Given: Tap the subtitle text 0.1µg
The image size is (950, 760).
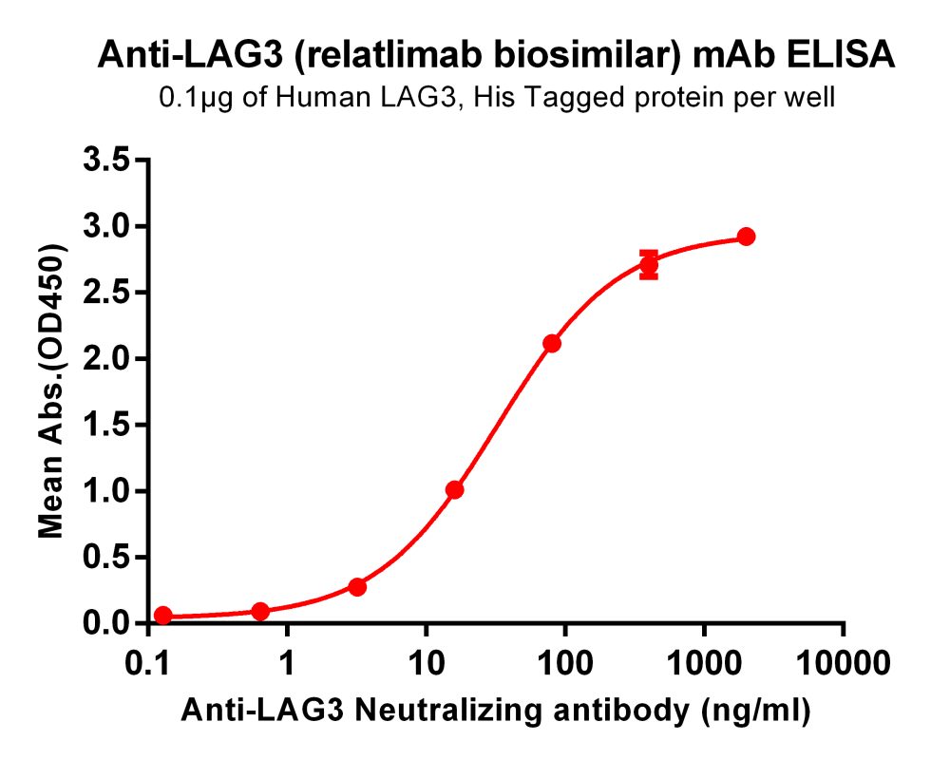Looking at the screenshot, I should (192, 98).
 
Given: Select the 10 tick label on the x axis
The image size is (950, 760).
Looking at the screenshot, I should (426, 662).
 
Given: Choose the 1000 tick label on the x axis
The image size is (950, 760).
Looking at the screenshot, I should (704, 662).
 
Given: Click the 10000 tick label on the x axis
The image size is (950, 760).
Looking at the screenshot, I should (843, 662).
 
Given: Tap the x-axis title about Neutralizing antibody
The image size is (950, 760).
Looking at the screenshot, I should (495, 710).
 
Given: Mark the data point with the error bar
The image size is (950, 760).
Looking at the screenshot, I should (649, 265).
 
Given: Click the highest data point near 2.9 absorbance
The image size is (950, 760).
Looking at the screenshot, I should (746, 237).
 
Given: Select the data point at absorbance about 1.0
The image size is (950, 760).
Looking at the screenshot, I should (454, 490).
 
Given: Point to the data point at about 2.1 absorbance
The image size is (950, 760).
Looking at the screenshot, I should (551, 343).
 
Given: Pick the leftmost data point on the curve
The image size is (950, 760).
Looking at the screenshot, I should (162, 616).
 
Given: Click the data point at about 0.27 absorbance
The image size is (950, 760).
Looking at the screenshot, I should (357, 587).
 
